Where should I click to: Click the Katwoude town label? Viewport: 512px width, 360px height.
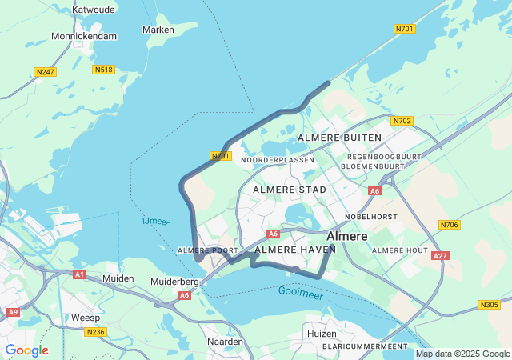(95, 10)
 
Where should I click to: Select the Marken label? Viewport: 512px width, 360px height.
(158, 30)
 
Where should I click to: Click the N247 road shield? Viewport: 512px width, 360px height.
(46, 72)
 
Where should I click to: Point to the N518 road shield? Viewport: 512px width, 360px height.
(103, 70)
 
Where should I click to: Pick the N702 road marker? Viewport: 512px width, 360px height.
(402, 121)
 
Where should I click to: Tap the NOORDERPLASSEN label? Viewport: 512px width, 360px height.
(278, 160)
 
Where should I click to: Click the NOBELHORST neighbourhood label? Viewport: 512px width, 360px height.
(371, 217)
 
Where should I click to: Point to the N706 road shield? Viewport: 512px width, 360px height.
(450, 225)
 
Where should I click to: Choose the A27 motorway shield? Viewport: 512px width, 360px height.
(439, 256)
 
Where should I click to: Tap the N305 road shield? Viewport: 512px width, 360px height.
(489, 304)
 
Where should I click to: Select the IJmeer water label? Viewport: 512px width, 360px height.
(155, 221)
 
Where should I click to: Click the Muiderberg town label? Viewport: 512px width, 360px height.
(175, 282)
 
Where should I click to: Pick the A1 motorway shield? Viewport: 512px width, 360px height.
(79, 274)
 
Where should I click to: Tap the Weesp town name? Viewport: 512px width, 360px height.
(86, 318)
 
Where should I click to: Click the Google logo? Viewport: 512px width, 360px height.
(27, 350)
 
